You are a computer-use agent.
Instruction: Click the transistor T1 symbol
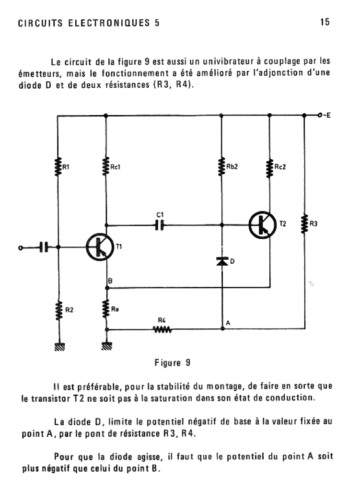pyautogui.click(x=100, y=247)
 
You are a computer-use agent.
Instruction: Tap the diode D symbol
pyautogui.click(x=222, y=261)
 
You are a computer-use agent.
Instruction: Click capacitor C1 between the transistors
pyautogui.click(x=159, y=225)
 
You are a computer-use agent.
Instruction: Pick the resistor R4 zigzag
pyautogui.click(x=162, y=329)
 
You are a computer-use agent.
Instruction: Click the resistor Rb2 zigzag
pyautogui.click(x=221, y=166)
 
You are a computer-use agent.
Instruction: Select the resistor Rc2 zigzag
pyautogui.click(x=269, y=168)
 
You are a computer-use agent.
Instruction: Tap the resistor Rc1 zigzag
pyautogui.click(x=106, y=166)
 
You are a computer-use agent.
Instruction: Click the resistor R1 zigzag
pyautogui.click(x=58, y=166)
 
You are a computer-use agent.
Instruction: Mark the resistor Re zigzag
pyautogui.click(x=106, y=309)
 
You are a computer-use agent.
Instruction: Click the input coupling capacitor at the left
pyautogui.click(x=44, y=247)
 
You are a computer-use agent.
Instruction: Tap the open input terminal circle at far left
pyautogui.click(x=21, y=248)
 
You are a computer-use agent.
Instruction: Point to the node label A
pyautogui.click(x=228, y=323)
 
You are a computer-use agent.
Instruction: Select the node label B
pyautogui.click(x=110, y=281)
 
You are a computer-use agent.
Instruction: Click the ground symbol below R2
pyautogui.click(x=59, y=346)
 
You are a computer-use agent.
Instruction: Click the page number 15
pyautogui.click(x=325, y=22)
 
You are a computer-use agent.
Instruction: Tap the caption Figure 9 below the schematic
pyautogui.click(x=172, y=363)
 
